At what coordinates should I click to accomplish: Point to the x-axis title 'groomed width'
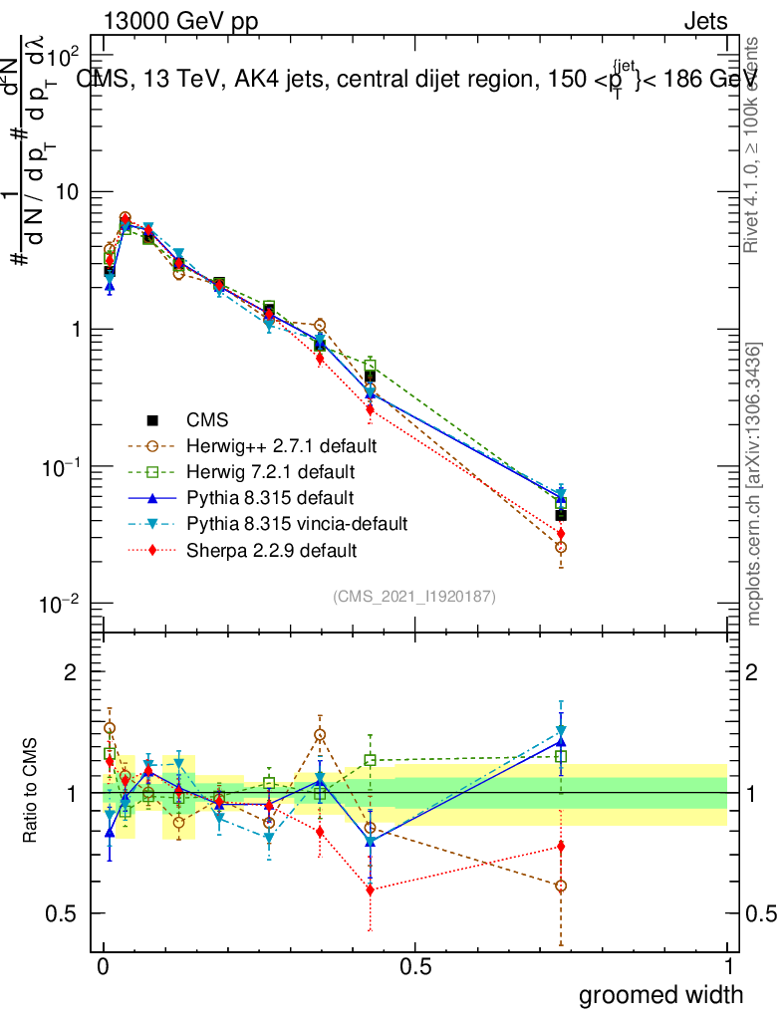661,993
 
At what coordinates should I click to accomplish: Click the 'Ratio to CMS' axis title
32,790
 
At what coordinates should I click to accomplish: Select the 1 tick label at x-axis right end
727,966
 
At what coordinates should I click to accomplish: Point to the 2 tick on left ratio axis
71,671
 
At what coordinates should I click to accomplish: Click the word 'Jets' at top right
705,22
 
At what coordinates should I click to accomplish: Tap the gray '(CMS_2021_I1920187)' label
414,596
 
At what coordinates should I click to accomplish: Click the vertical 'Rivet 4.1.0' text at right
753,145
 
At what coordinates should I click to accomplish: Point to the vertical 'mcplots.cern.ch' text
755,484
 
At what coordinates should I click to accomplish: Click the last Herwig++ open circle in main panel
561,548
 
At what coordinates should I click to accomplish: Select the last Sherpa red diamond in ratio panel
561,847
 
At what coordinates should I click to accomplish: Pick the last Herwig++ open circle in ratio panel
561,886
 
